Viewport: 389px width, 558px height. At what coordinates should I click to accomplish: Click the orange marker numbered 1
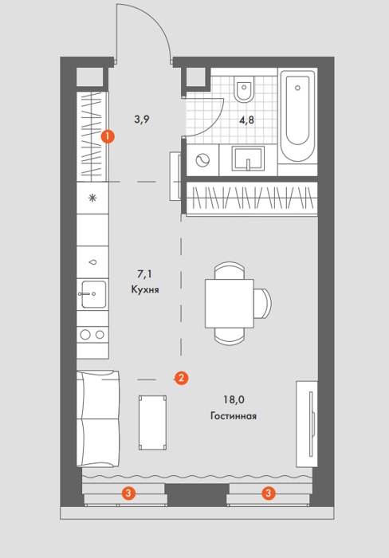pos(108,136)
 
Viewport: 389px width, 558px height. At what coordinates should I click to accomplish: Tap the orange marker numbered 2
pos(181,378)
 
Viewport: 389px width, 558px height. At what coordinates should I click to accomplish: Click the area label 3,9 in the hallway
pos(142,120)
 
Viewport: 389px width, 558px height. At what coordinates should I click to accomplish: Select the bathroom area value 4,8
pos(246,120)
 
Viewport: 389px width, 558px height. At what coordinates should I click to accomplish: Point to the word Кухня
pos(145,289)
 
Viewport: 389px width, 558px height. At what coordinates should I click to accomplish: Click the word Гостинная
pos(234,415)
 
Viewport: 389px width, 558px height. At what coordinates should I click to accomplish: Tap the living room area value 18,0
pos(234,399)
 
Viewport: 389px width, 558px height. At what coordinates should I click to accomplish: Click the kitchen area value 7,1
pos(144,274)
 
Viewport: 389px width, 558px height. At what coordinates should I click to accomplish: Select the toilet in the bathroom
pos(244,88)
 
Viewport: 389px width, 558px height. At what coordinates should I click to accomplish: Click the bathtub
pos(297,116)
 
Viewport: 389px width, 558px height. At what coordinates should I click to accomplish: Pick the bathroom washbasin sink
pos(248,159)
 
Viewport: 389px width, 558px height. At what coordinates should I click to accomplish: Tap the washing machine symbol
pos(202,160)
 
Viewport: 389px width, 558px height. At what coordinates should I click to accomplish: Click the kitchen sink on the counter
pos(92,294)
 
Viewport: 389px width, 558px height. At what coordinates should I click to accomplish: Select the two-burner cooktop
pos(92,335)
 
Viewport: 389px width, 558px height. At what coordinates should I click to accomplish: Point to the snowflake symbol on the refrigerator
pos(92,198)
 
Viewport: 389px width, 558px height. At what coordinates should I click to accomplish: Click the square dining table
pos(230,304)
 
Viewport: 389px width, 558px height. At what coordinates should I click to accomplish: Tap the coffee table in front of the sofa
pos(153,422)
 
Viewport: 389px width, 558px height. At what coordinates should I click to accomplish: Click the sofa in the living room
pos(98,418)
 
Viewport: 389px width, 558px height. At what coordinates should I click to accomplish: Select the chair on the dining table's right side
pos(263,304)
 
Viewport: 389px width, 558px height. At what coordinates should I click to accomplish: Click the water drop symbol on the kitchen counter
pos(93,262)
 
